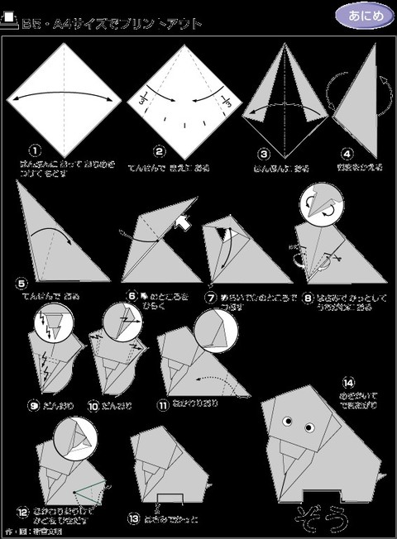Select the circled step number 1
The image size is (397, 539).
pos(35,150)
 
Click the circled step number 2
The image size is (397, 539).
pos(159,151)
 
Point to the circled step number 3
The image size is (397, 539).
pos(264,153)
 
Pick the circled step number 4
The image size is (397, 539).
pos(347,153)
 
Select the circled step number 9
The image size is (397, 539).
pos(33,405)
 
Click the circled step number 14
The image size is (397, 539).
pos(350,381)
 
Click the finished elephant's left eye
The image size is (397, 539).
pos(291,427)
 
